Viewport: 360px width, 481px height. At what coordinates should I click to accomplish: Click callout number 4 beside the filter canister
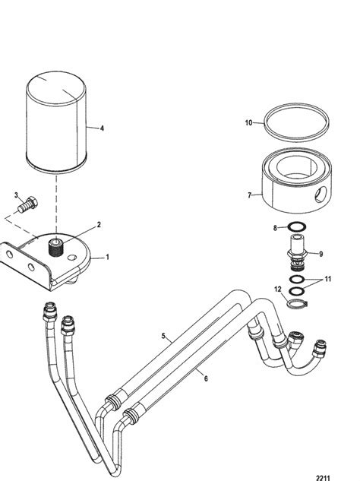pos(102,128)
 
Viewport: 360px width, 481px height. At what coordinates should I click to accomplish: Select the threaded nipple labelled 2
pos(55,248)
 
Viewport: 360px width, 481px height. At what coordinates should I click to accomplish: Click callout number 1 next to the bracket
pos(107,257)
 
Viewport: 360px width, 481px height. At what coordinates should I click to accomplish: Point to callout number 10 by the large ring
pos(248,122)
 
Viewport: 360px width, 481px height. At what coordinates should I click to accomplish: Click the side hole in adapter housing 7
pos(321,195)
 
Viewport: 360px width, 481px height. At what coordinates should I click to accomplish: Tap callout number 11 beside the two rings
pos(328,279)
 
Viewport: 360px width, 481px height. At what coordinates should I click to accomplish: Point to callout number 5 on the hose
pos(163,336)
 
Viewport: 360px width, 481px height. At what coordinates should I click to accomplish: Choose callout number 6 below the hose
pos(206,379)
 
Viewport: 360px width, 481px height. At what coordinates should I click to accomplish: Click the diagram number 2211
pos(323,478)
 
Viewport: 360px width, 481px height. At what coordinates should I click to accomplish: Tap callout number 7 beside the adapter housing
pos(250,195)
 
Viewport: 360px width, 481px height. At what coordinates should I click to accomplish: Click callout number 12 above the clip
pos(277,290)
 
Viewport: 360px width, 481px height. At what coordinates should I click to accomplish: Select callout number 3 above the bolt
pos(16,195)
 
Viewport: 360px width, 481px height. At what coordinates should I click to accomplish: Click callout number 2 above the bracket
pos(99,225)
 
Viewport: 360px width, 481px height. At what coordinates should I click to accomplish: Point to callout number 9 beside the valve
pos(321,254)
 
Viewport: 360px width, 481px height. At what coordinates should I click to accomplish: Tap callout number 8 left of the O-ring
pos(275,228)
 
